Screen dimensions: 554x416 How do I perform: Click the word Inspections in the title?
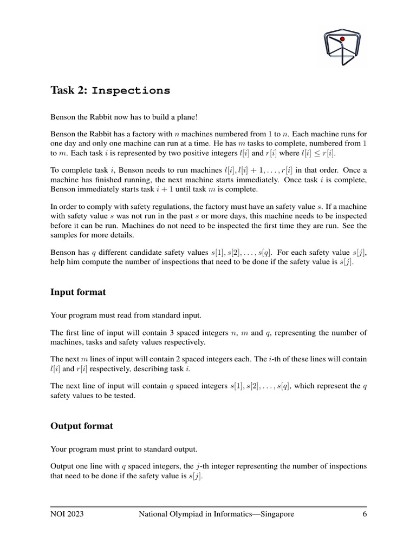[x=131, y=90]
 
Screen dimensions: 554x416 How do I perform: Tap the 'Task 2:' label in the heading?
[x=69, y=90]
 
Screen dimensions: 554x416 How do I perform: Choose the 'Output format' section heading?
[x=82, y=426]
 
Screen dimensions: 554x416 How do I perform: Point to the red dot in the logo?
[x=342, y=39]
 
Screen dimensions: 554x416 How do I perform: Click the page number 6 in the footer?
[x=365, y=514]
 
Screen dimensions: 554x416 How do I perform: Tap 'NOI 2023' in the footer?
[x=67, y=514]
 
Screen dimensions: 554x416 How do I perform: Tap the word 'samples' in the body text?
[x=64, y=235]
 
